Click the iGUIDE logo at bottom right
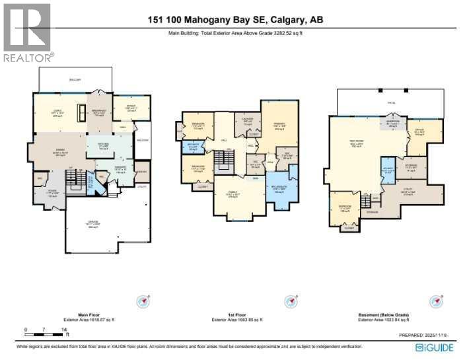point(437,347)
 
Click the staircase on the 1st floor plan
point(230,158)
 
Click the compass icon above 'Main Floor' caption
point(143,301)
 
